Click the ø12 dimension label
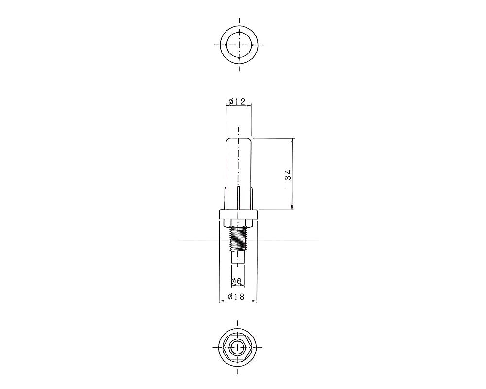237,101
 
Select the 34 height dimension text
288,175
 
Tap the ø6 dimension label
237,281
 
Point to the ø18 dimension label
236,297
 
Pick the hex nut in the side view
238,223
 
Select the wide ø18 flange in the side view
238,214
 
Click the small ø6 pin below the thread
238,257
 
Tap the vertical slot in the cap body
238,198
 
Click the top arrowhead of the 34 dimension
292,140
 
